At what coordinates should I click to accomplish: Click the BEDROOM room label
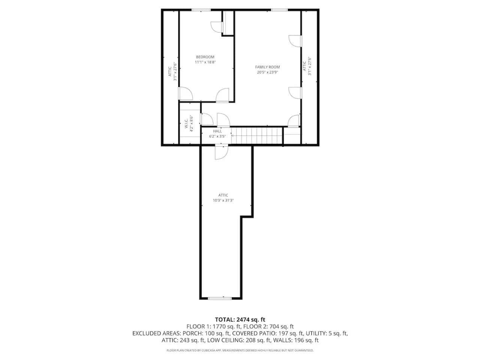[x=205, y=57]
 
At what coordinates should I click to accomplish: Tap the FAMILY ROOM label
[x=267, y=67]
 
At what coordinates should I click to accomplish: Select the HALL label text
[x=217, y=131]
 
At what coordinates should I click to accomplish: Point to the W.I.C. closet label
[x=186, y=123]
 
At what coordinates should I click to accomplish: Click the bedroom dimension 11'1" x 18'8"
[x=205, y=62]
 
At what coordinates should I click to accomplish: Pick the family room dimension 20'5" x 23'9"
[x=267, y=72]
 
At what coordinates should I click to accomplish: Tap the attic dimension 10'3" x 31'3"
[x=223, y=200]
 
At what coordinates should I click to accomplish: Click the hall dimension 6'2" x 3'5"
[x=217, y=136]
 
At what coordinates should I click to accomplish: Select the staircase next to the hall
[x=257, y=136]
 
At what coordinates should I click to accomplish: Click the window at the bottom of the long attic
[x=219, y=298]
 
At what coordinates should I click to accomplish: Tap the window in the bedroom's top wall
[x=201, y=10]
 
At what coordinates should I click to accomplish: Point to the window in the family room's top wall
[x=279, y=10]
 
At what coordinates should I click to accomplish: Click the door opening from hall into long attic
[x=221, y=152]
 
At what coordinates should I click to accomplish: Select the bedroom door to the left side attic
[x=186, y=93]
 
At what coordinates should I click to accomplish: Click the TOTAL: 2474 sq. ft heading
[x=240, y=319]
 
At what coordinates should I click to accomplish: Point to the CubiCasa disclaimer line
[x=240, y=350]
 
